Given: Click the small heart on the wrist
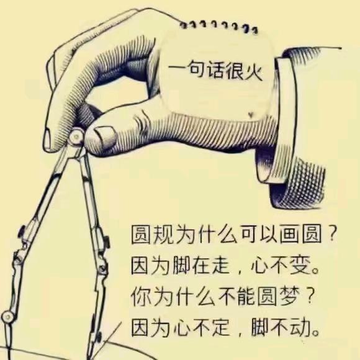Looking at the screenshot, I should click(250, 114).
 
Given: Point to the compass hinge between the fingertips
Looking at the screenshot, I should click(76, 137).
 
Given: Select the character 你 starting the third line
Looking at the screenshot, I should click(141, 297).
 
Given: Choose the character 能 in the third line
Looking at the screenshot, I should click(253, 297).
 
